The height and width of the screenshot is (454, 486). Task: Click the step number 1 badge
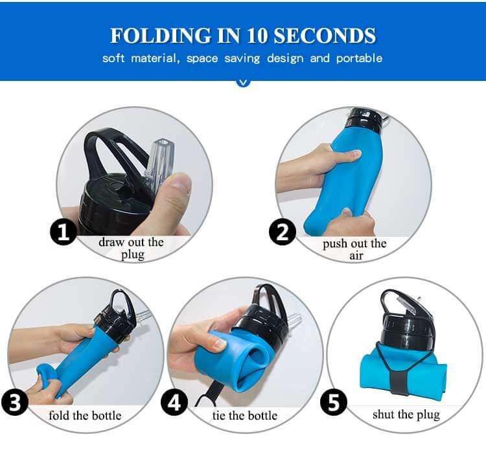point(64,232)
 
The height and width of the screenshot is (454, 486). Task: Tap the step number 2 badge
point(283,232)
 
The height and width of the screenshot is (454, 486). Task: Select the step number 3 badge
point(15,402)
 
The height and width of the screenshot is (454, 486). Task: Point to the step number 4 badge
point(174,402)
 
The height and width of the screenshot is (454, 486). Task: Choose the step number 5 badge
point(334,402)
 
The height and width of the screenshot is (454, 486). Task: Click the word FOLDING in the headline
point(160,36)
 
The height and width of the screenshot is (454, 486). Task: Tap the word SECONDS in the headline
point(325,36)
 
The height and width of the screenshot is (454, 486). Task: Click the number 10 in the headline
point(257,36)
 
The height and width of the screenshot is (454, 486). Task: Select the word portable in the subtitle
point(359,58)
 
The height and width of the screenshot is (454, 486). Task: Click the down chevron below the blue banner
point(243,82)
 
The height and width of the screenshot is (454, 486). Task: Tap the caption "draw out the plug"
point(131,248)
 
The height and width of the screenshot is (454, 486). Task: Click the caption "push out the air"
point(354,249)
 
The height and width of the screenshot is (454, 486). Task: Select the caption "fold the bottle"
point(85,415)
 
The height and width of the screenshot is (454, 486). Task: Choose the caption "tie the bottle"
point(245,415)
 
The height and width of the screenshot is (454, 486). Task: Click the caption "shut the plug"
point(406,414)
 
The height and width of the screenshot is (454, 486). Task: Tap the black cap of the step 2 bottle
point(364,120)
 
